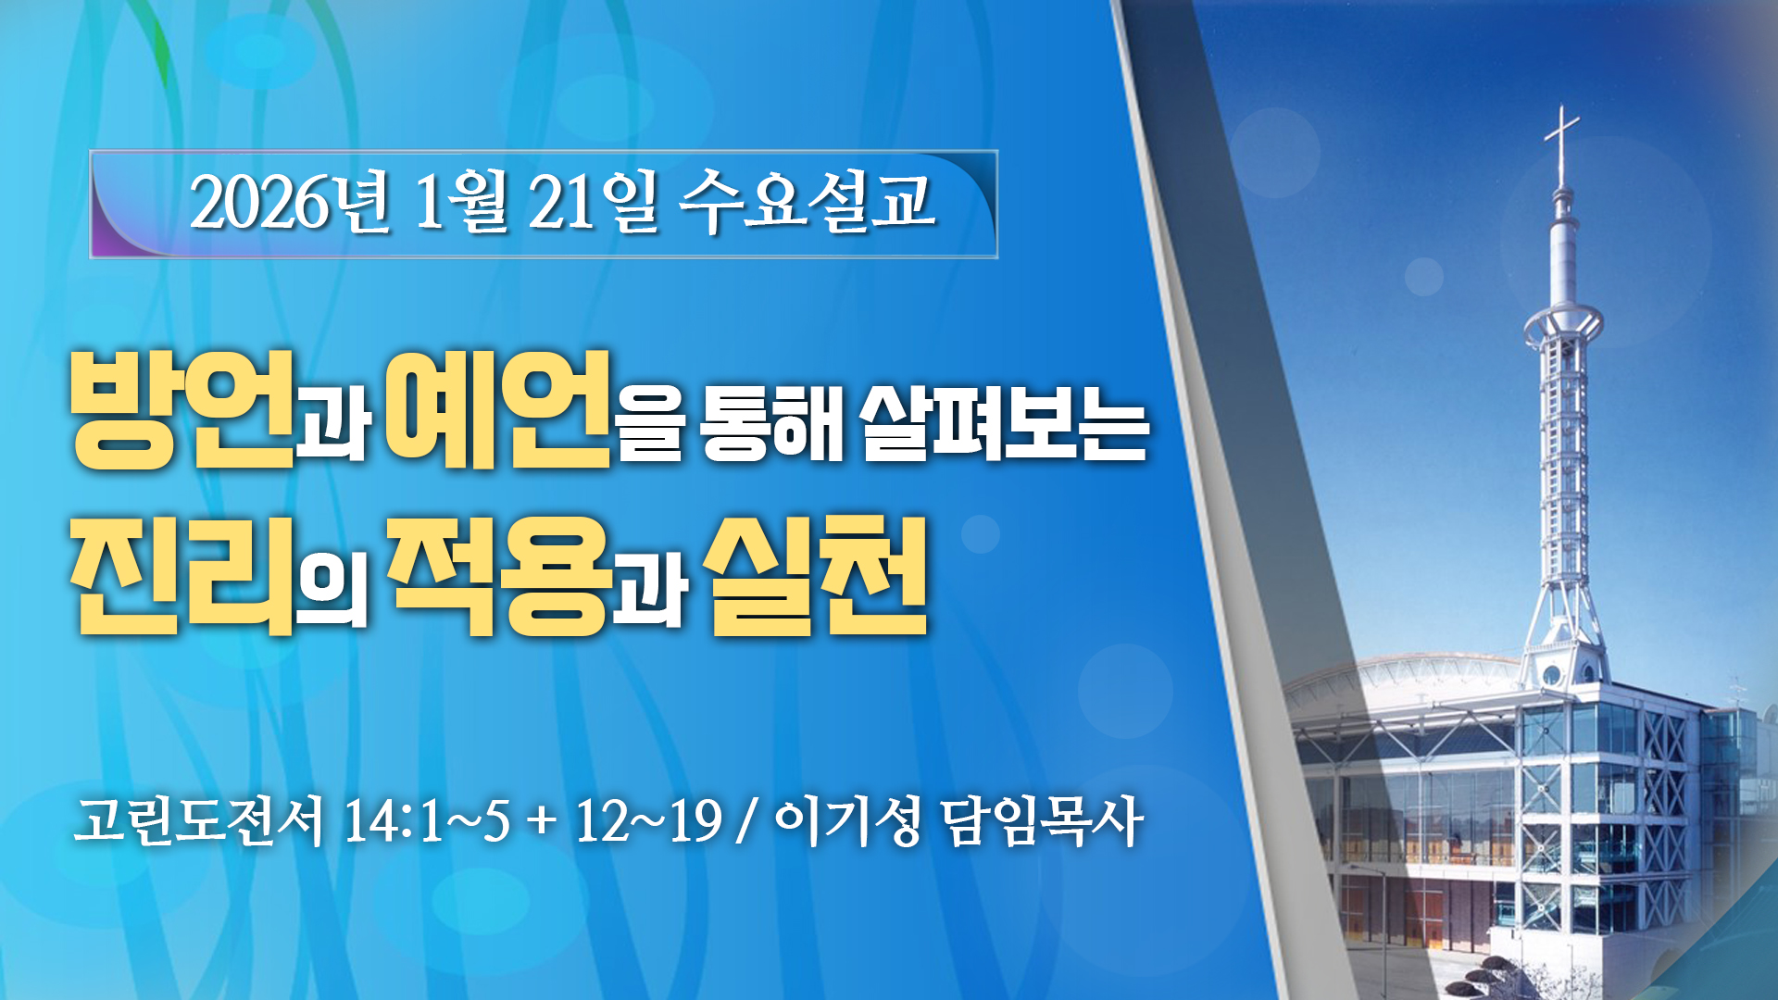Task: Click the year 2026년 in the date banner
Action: [x=290, y=202]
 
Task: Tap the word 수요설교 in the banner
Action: [x=806, y=200]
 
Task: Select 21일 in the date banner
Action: [x=593, y=202]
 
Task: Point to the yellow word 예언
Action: [x=497, y=410]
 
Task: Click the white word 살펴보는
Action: [x=1005, y=422]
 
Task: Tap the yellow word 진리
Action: [x=182, y=576]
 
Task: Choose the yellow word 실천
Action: [x=816, y=576]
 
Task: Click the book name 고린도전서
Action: [x=199, y=820]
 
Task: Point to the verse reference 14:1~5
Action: [x=427, y=820]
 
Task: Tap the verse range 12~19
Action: [x=648, y=820]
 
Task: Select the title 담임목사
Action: [x=1041, y=820]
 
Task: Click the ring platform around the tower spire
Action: [x=1563, y=321]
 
